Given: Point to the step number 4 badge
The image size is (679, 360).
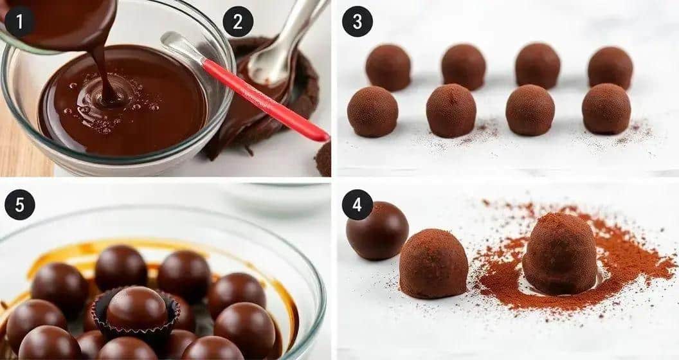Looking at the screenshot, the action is click(x=358, y=204).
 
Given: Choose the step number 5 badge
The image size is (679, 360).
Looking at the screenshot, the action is click(x=19, y=204).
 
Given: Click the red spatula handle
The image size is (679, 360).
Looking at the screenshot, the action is click(x=265, y=100).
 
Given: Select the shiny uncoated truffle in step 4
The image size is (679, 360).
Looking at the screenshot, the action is click(x=377, y=231).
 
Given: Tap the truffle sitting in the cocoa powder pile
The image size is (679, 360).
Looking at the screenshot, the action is click(x=560, y=253).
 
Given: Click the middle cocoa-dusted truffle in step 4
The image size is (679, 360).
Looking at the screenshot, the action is click(x=433, y=264).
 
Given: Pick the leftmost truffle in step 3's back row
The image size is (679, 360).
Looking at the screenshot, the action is click(x=388, y=67).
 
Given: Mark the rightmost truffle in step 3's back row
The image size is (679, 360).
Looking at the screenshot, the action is click(x=611, y=68).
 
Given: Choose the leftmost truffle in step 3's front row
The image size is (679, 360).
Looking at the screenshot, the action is click(x=373, y=112).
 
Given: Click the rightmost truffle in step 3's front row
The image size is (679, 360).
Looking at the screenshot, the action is click(x=606, y=109).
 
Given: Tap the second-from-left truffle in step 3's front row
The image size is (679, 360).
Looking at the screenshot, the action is click(x=451, y=111).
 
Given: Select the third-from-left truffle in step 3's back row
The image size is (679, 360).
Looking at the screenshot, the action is click(x=538, y=66).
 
